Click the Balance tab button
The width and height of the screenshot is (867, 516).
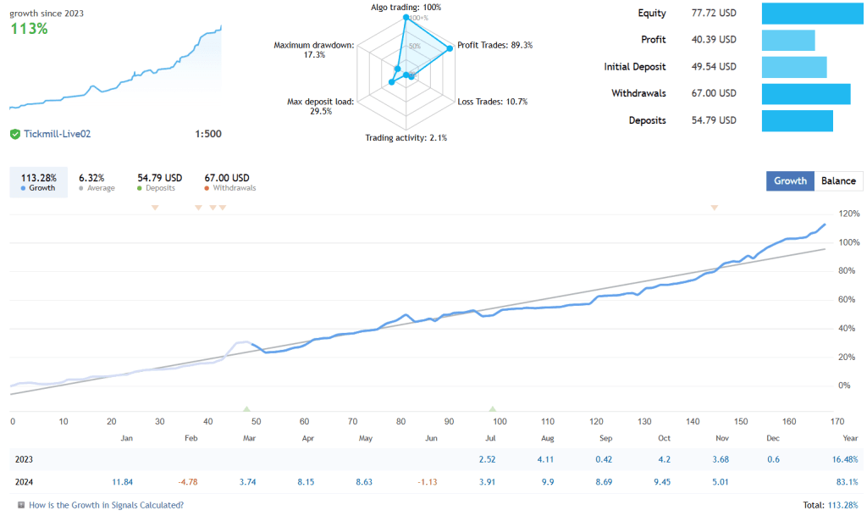point(838,180)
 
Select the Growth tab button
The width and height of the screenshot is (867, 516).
point(790,180)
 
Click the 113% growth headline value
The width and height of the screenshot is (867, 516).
point(29,28)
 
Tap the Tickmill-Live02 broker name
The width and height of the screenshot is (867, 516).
point(57,134)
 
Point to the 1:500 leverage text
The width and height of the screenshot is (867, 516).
point(207,134)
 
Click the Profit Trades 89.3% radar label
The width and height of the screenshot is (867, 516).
point(494,45)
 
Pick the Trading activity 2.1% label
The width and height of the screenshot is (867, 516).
point(406,137)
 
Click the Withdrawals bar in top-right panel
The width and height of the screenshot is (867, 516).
point(805,94)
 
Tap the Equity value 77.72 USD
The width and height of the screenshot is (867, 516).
point(714,14)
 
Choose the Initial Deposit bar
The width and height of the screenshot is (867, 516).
point(793,67)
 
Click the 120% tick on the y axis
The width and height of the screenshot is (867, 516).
point(848,214)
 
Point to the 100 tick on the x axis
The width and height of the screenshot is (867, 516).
point(499,421)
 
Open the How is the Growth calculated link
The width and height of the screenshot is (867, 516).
point(105,505)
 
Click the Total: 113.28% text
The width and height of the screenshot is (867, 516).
point(830,505)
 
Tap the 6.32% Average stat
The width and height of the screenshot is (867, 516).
point(91,178)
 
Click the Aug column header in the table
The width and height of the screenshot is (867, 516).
point(547,438)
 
